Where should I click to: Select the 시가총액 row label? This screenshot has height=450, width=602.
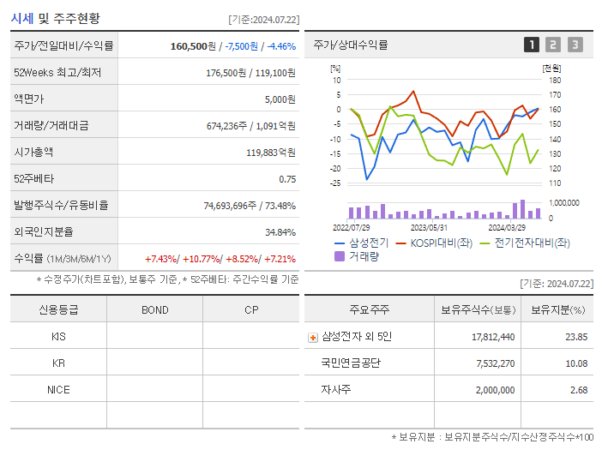[x=33, y=153]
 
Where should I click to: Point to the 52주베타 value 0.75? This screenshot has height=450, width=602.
[x=287, y=179]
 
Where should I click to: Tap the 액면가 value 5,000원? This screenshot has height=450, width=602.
[x=280, y=99]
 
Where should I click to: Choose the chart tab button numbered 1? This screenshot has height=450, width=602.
[x=532, y=45]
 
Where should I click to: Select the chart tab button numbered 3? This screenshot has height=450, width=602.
[x=575, y=45]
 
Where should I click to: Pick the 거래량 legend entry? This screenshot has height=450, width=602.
[x=363, y=255]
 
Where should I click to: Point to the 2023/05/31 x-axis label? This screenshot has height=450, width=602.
[x=429, y=227]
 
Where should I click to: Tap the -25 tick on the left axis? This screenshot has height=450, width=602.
[x=336, y=183]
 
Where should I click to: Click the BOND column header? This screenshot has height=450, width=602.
[x=154, y=309]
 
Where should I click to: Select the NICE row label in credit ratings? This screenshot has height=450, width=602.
[x=58, y=389]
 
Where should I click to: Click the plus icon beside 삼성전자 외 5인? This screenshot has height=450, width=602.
[x=312, y=337]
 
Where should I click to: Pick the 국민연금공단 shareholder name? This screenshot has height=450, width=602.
[x=350, y=363]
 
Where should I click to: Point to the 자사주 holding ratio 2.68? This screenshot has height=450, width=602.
[x=578, y=390]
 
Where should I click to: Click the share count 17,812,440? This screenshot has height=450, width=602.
[x=493, y=337]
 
